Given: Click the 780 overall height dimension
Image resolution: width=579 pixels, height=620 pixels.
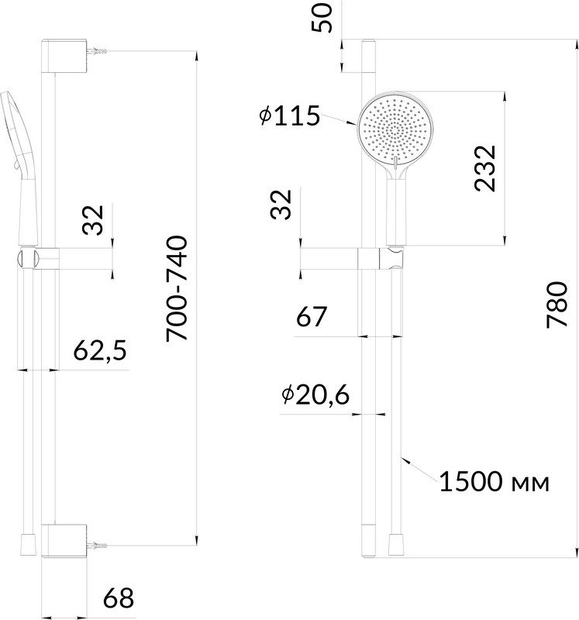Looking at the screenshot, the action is coord(557,305).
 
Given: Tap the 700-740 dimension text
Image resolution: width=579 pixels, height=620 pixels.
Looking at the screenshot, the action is coord(177,288).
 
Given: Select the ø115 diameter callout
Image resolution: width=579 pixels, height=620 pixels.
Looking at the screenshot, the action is coord(289,115).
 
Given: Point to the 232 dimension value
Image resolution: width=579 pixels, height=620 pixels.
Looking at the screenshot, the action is coord(485,168).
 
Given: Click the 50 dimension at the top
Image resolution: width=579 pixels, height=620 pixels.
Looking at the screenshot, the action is coord(322,18).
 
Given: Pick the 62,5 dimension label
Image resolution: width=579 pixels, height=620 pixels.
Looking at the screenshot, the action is coord(100,350).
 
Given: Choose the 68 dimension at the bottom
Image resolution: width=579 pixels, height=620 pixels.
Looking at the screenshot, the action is coord(119,598).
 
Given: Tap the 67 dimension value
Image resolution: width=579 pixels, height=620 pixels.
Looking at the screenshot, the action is coord(312,316).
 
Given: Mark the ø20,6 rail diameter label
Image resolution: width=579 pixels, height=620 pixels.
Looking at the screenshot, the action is coord(315,394).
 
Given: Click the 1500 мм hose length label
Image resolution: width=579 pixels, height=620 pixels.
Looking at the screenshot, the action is coord(495,481).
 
